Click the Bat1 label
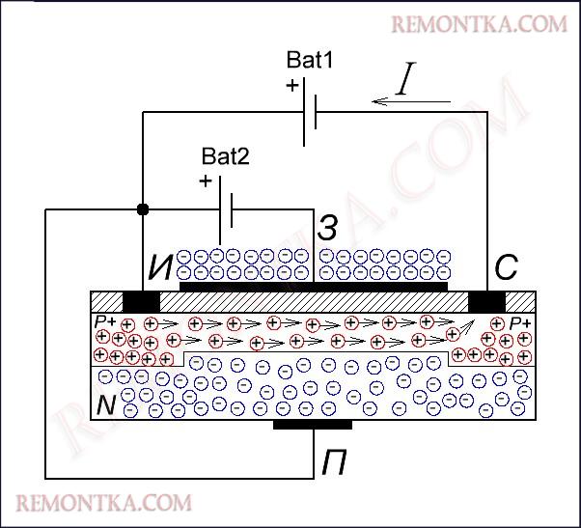(x=310, y=60)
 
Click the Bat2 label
(x=225, y=155)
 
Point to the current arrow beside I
(x=411, y=100)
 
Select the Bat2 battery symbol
(x=226, y=209)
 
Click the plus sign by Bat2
(x=205, y=181)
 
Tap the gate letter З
(x=328, y=229)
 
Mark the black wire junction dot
(x=143, y=209)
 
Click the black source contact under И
(x=141, y=300)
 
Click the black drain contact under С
(x=486, y=300)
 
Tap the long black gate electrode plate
(x=314, y=286)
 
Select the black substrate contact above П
(x=313, y=424)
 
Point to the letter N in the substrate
(x=106, y=406)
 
